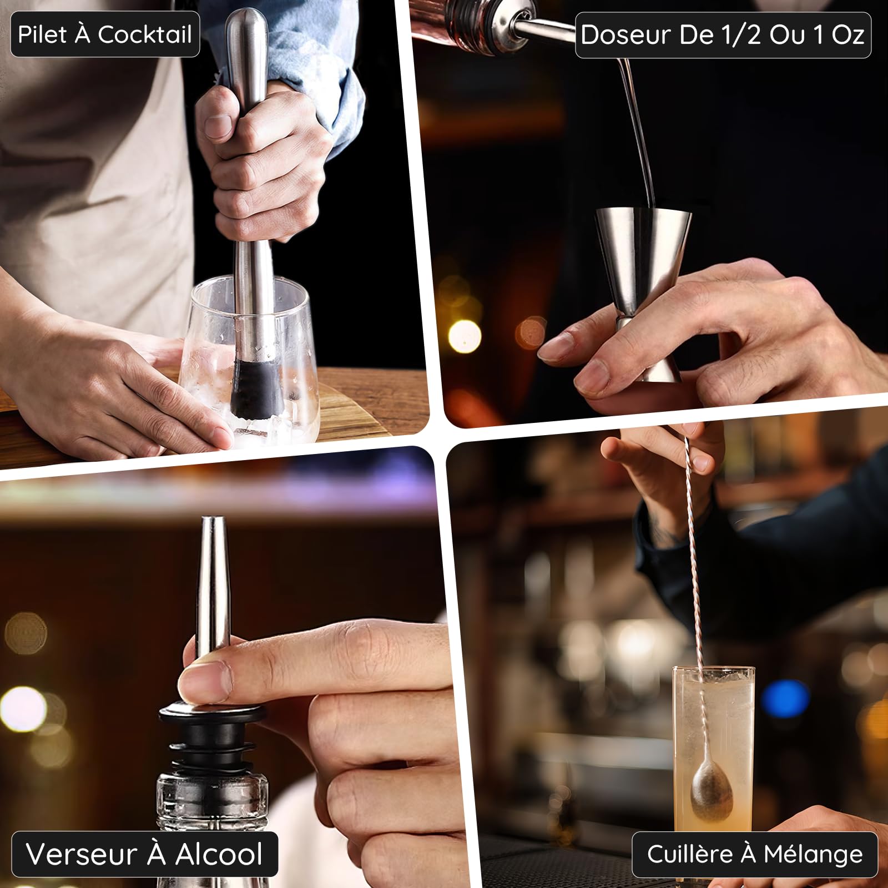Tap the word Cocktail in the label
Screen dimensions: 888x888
click(145, 34)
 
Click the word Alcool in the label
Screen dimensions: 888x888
click(219, 854)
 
